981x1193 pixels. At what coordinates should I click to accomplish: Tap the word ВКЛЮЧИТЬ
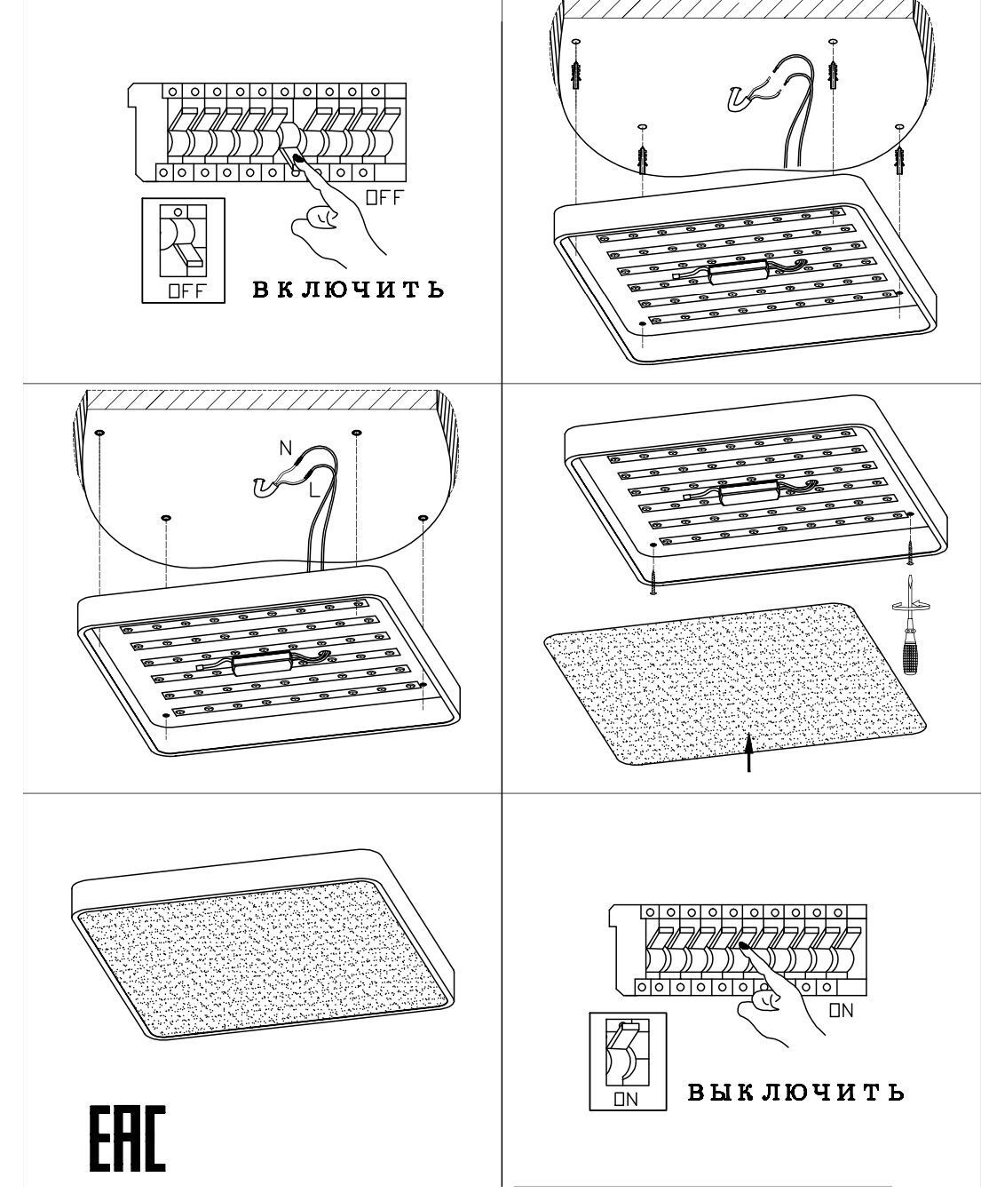pos(348,290)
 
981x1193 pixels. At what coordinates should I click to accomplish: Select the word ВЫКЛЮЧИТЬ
pos(796,1092)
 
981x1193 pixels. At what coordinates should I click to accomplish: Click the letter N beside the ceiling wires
pos(285,449)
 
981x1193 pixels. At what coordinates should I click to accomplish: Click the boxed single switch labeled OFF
pos(184,250)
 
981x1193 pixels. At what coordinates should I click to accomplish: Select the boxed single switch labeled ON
pos(628,1061)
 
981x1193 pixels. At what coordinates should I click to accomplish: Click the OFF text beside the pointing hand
pos(384,197)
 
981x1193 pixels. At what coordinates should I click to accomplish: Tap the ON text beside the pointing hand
pos(841,1010)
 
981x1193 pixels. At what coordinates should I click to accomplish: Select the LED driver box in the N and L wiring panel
pos(262,663)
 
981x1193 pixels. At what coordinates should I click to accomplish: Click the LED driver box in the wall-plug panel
pos(738,272)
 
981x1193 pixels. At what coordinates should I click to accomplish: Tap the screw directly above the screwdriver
pos(909,541)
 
